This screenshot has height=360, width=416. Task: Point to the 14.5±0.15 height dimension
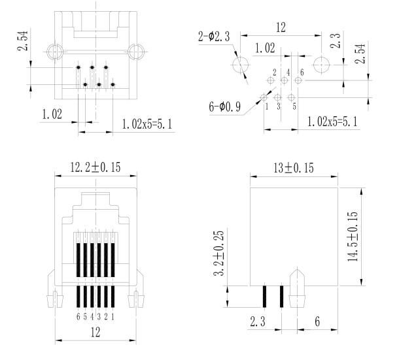[x=353, y=237]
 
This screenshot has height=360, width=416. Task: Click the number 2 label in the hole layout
[x=274, y=71]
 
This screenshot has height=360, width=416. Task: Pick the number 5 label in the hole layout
[x=294, y=106]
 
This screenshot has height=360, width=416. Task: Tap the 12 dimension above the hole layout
[x=281, y=28]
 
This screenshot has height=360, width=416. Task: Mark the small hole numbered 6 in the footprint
[x=299, y=80]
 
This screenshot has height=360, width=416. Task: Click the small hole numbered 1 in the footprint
[x=264, y=97]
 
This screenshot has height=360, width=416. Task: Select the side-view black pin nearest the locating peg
[x=282, y=297]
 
